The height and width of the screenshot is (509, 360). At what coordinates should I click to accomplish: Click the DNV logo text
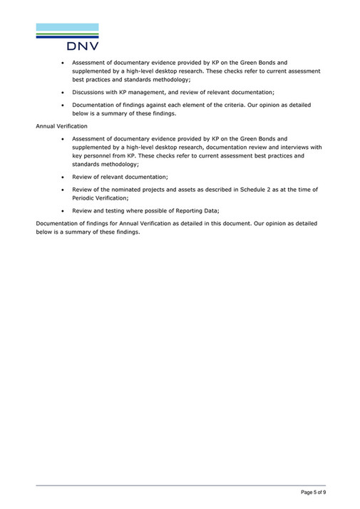coord(83,46)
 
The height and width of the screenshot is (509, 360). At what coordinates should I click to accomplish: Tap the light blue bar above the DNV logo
coord(67,27)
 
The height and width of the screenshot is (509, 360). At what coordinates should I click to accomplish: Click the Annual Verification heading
coord(61,125)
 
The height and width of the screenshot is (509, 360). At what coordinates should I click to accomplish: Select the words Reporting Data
coord(197,210)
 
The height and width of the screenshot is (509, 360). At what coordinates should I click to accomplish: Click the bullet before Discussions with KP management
coord(64,92)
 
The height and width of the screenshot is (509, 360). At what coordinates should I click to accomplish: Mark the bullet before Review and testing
coord(64,210)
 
